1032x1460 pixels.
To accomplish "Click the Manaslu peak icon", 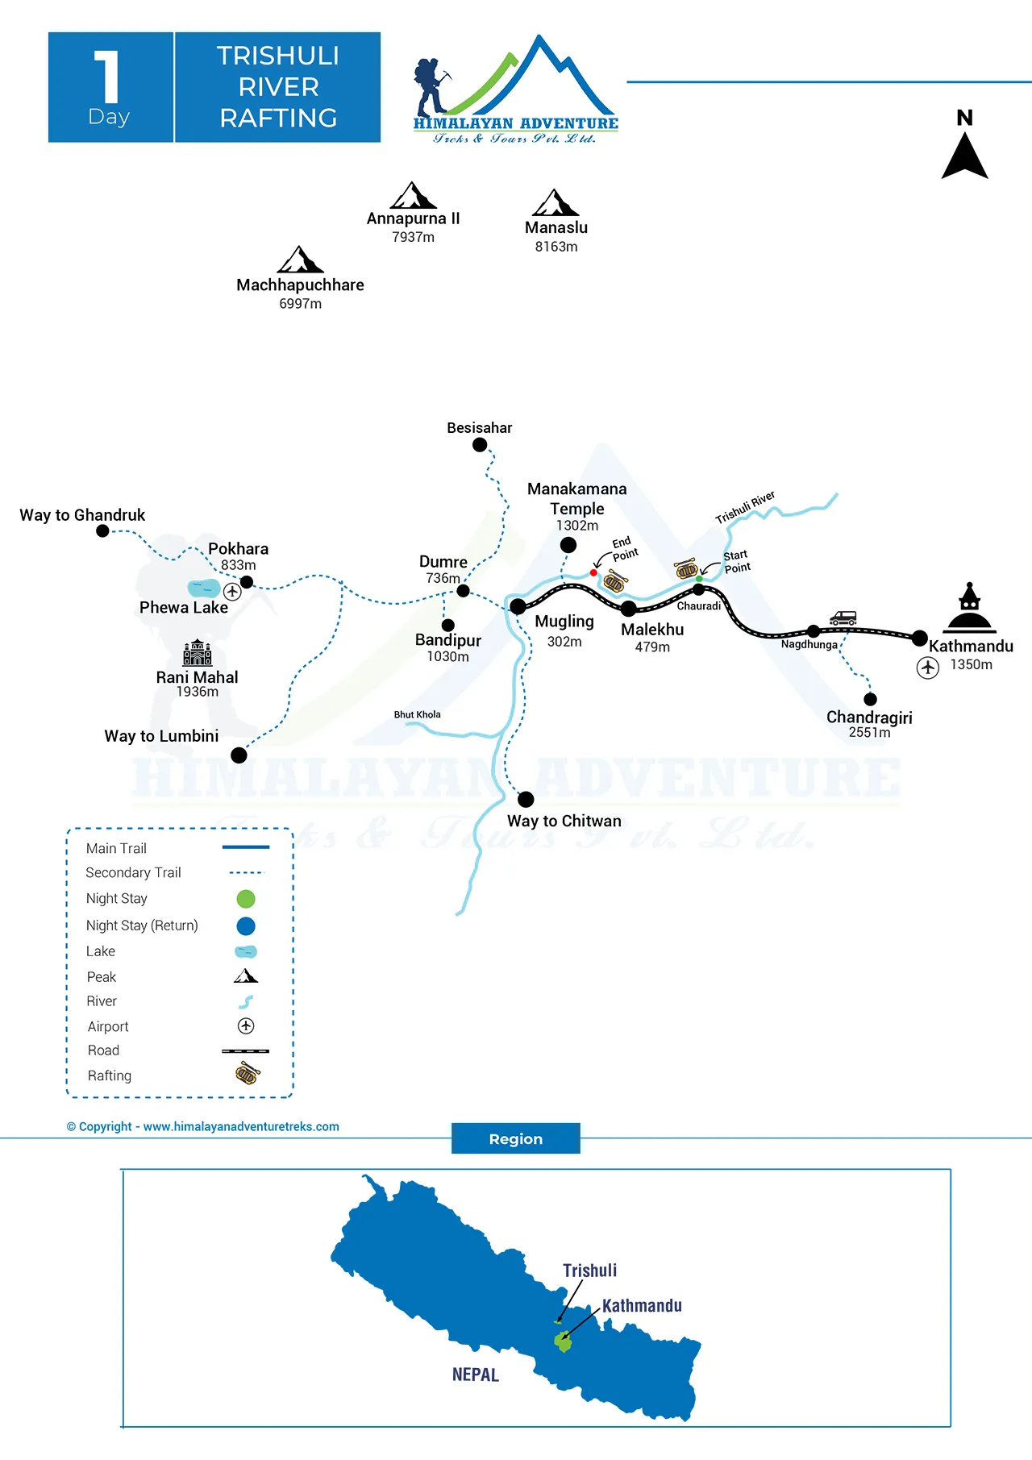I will (x=556, y=202).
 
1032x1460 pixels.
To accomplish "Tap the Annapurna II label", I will (x=413, y=218).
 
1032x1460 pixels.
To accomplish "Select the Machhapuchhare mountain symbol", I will (x=300, y=260).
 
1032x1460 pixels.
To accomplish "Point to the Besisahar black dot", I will (x=480, y=445).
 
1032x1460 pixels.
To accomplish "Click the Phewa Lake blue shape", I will (x=203, y=588).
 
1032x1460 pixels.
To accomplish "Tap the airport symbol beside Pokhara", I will (x=232, y=592).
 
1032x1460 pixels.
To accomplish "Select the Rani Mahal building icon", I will (x=198, y=652).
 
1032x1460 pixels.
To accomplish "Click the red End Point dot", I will (x=593, y=572).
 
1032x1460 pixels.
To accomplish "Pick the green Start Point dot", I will (x=699, y=579).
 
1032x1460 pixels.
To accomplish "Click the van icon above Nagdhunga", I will (x=843, y=618).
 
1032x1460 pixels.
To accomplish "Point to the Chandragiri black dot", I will (x=870, y=699).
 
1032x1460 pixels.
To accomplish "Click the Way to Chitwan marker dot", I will (x=526, y=799).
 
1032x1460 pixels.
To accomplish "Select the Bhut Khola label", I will (x=417, y=714).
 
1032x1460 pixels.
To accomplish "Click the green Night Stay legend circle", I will (x=246, y=899).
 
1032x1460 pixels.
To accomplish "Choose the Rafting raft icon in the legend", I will (x=248, y=1073).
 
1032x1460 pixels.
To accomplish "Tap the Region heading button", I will (x=515, y=1138).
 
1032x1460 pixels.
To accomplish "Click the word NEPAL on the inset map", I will (x=475, y=1375).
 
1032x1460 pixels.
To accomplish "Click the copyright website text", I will (x=203, y=1126).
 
